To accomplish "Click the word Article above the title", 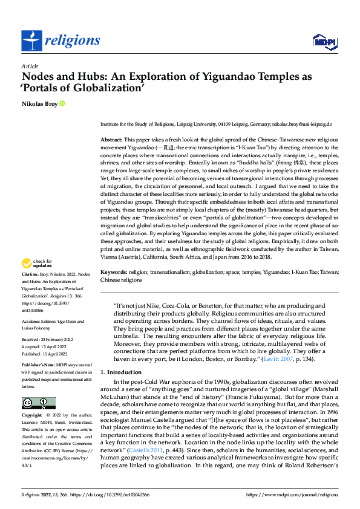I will coord(30,66).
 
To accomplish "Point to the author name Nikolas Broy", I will coord(40,104).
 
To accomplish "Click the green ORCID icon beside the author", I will coord(62,104).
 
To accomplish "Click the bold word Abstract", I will coord(112,139).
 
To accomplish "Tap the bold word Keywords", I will coord(113,273).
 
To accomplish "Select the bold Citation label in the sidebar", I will coord(31,274).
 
